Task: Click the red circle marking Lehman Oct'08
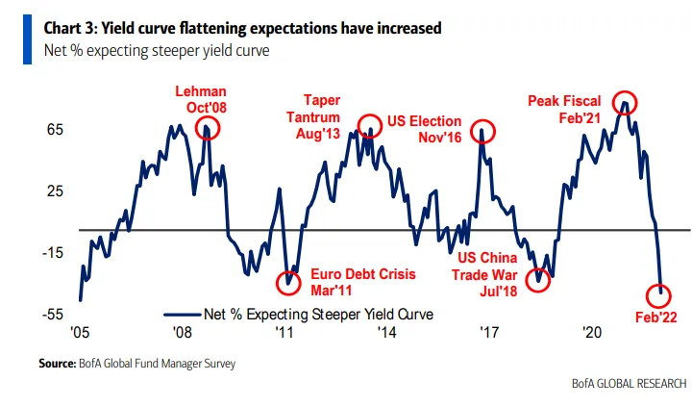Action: pos(207,129)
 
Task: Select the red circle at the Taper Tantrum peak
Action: pos(369,124)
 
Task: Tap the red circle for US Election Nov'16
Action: pos(483,132)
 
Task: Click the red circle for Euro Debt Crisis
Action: pos(287,283)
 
